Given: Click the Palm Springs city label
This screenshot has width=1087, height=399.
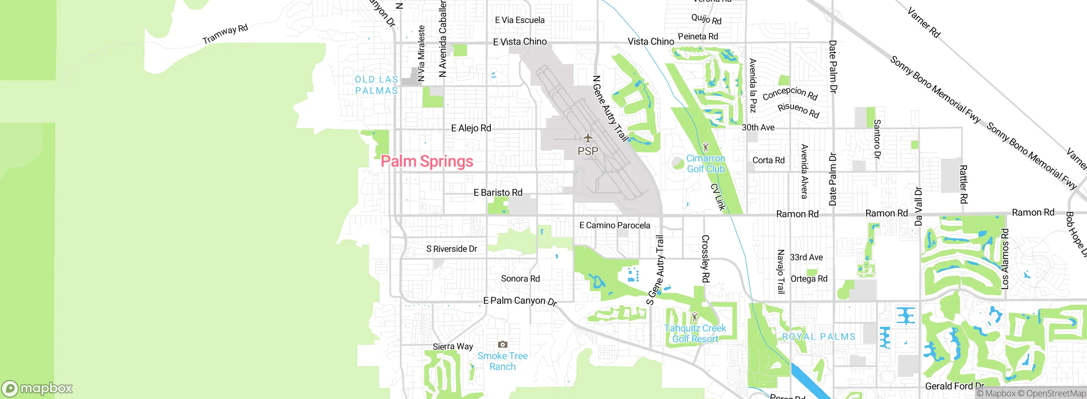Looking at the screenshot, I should pos(427,161).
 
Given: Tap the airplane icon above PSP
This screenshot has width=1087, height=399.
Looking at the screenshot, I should pos(588,138).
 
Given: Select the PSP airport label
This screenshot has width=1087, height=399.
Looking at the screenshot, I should pos(588,151).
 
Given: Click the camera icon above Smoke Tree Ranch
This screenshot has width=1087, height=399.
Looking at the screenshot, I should pos(502,344).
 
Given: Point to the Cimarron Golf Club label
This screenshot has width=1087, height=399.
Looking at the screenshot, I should pos(706,163).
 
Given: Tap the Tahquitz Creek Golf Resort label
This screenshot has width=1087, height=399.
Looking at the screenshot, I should pos(695,333).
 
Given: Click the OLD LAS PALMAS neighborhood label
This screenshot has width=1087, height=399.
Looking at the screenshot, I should pos(376,85).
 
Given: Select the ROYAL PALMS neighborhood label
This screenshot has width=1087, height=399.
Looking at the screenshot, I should pos(819,337).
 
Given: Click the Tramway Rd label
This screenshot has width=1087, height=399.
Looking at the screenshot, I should pos(225,34).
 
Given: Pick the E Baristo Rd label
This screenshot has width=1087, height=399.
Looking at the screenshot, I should pos(498,193).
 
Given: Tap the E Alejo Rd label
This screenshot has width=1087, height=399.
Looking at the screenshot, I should pos(471,128).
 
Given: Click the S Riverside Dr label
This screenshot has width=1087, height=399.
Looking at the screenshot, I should pos(451,249).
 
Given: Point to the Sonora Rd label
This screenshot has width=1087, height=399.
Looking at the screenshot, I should pos(520,278).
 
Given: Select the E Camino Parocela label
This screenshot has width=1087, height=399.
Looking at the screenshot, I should pos(614,225).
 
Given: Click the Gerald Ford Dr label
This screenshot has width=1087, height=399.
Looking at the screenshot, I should pos(954,386).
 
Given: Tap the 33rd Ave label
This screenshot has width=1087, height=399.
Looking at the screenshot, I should pos(806,257).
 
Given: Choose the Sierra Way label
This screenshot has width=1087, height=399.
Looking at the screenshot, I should pos(453,346).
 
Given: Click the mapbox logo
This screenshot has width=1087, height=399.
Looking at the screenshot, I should pos(37,388).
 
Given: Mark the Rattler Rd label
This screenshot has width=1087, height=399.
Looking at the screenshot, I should pos(963,185).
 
